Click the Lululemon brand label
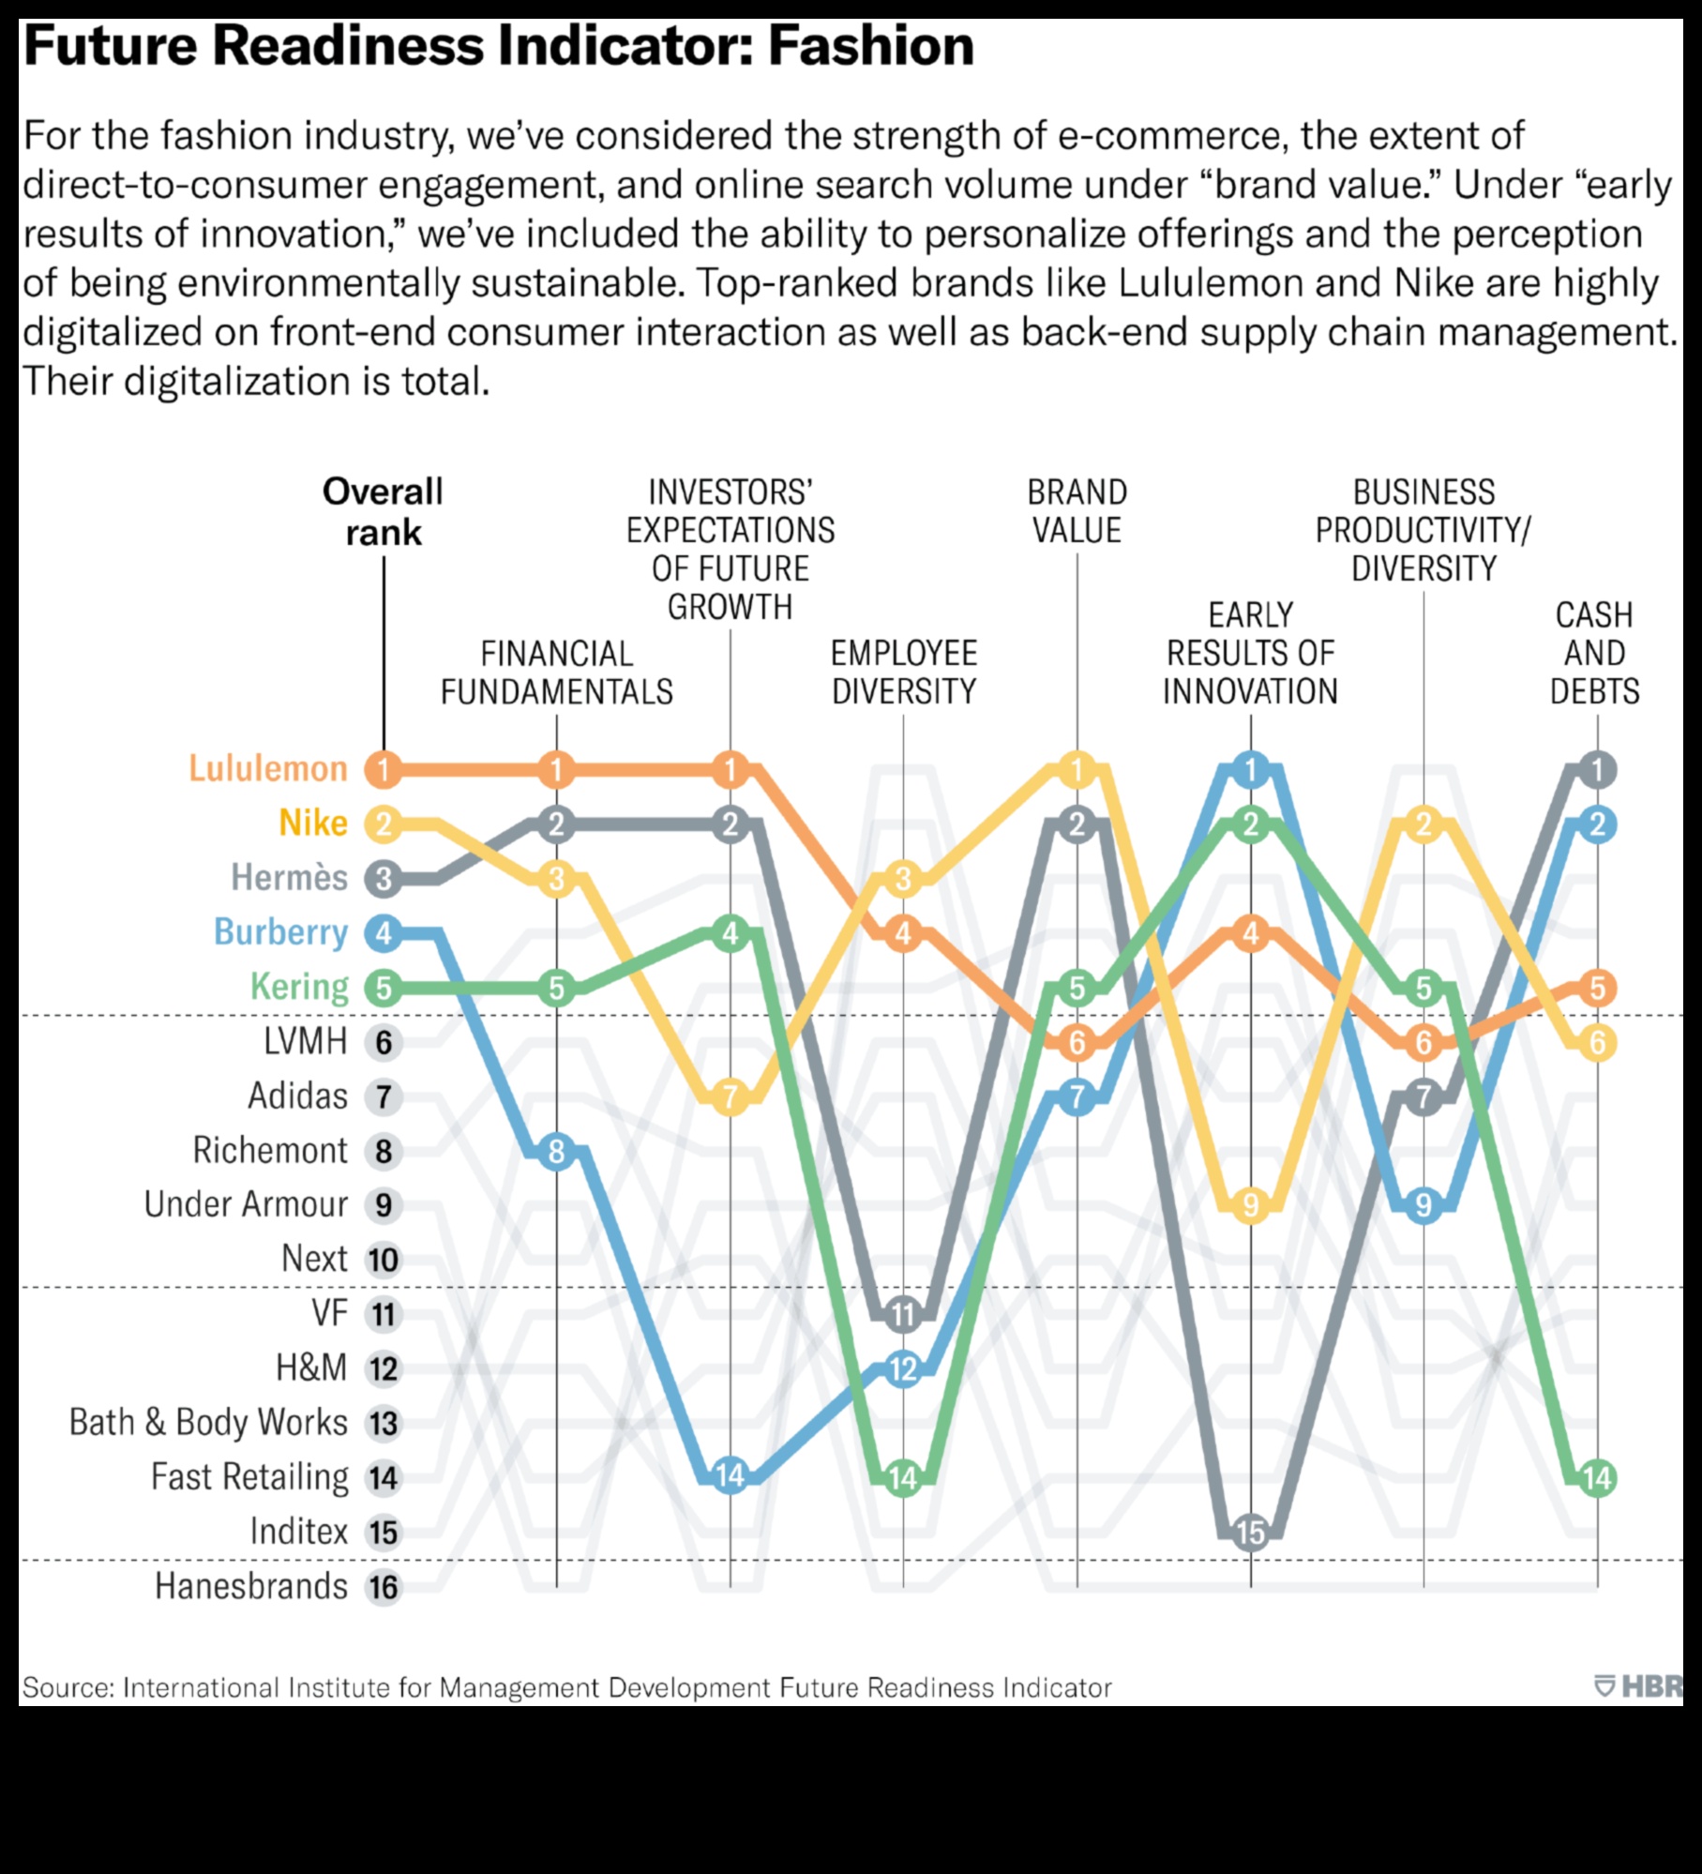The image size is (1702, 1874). (x=268, y=769)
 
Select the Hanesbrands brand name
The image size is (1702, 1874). (x=251, y=1587)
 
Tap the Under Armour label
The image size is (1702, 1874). (x=246, y=1204)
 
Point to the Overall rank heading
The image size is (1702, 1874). (x=383, y=512)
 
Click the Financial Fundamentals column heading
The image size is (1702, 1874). (x=557, y=673)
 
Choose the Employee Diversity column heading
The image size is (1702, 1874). (x=904, y=673)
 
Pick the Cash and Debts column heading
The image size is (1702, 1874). (x=1594, y=653)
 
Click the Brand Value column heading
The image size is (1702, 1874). (x=1077, y=511)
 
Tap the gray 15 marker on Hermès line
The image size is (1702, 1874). (x=1251, y=1533)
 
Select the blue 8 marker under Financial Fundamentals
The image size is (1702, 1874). (x=557, y=1151)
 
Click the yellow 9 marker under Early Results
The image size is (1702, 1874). (x=1251, y=1205)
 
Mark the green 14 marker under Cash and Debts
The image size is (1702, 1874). (x=1597, y=1478)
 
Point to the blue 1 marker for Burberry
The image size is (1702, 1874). (x=1251, y=770)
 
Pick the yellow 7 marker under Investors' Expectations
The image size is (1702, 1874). (x=731, y=1096)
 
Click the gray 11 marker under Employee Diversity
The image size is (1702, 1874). (x=904, y=1314)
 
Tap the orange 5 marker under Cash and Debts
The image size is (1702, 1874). (x=1597, y=988)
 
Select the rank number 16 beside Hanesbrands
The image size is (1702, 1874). (x=384, y=1587)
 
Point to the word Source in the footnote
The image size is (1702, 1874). (x=65, y=1688)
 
